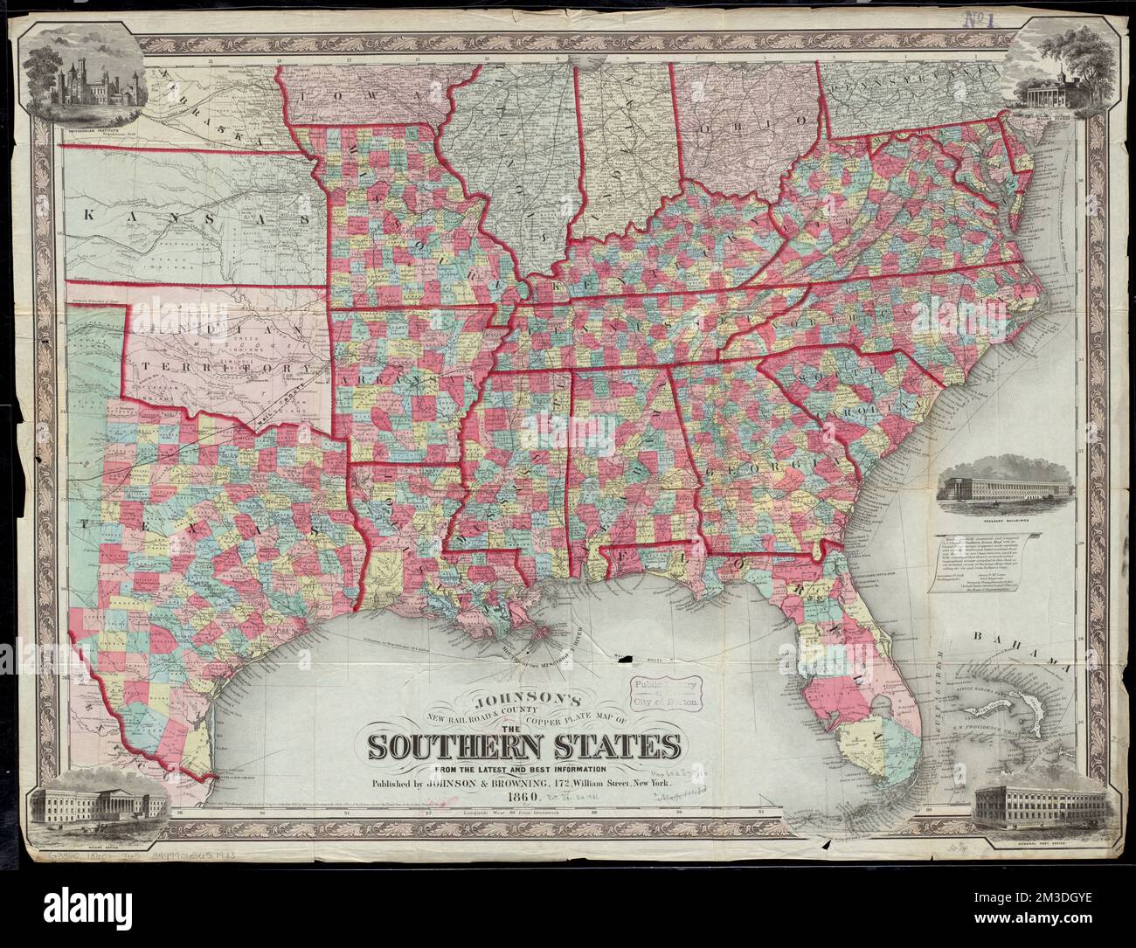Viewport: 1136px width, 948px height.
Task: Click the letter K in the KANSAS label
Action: pyautogui.click(x=90, y=213)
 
